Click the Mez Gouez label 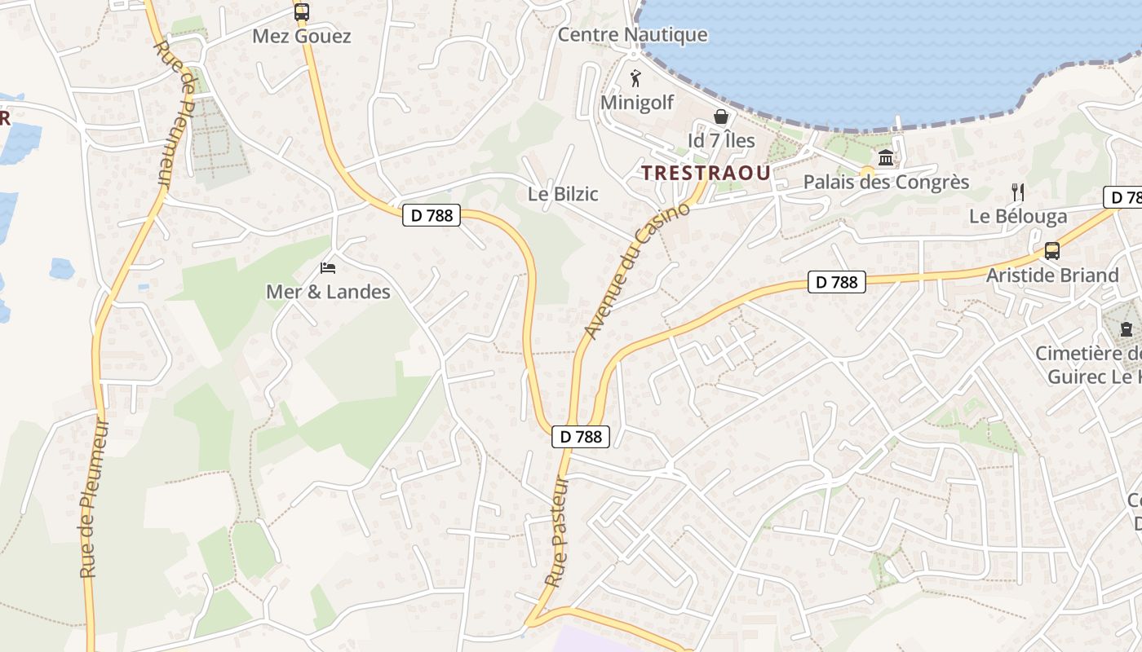[301, 36]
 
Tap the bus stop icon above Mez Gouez [301, 12]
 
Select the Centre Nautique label [632, 35]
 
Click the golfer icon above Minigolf [636, 78]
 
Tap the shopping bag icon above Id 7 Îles [721, 117]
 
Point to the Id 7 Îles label [721, 140]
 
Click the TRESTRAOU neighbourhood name [706, 173]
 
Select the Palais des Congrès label [886, 182]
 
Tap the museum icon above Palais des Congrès [886, 157]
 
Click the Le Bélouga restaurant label [1018, 216]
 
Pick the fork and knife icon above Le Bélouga [1017, 192]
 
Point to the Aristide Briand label [1052, 275]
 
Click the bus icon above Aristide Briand [1052, 251]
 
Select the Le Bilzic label [563, 194]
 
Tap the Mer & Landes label [328, 292]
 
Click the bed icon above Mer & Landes [328, 267]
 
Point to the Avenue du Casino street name [637, 271]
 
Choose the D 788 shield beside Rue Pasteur [582, 436]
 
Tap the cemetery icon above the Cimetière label [1127, 329]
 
